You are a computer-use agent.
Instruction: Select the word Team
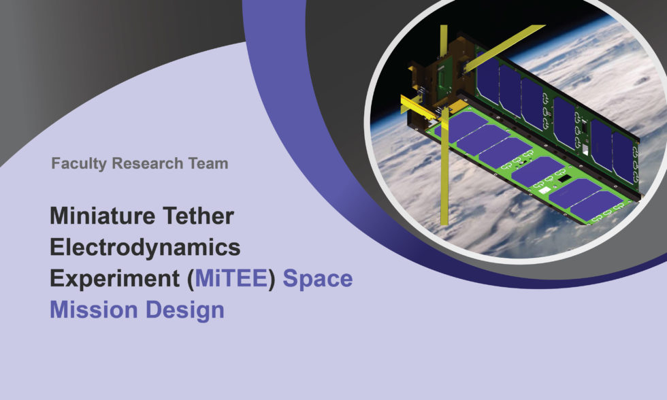(x=210, y=163)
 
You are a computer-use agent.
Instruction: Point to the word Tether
(x=200, y=216)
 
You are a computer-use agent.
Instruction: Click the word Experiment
(x=108, y=279)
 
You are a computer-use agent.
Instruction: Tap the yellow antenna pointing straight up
(x=443, y=48)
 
